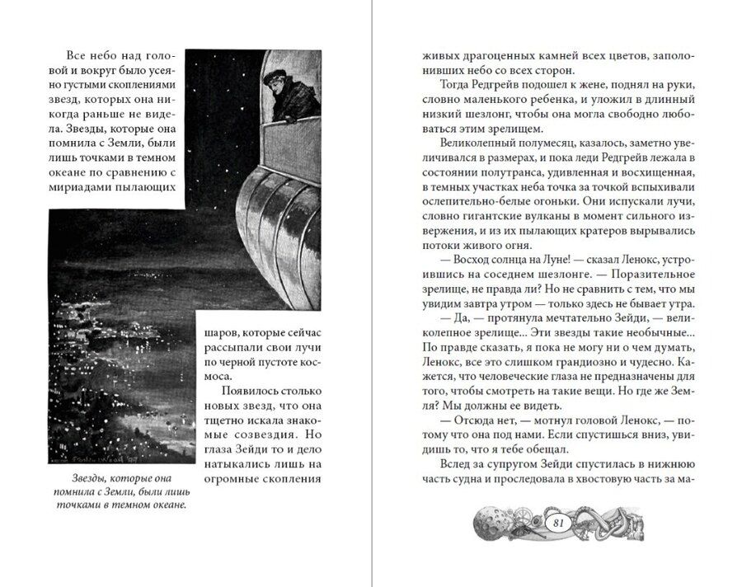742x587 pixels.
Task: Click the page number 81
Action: click(558, 522)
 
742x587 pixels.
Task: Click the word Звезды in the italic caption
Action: click(70, 477)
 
